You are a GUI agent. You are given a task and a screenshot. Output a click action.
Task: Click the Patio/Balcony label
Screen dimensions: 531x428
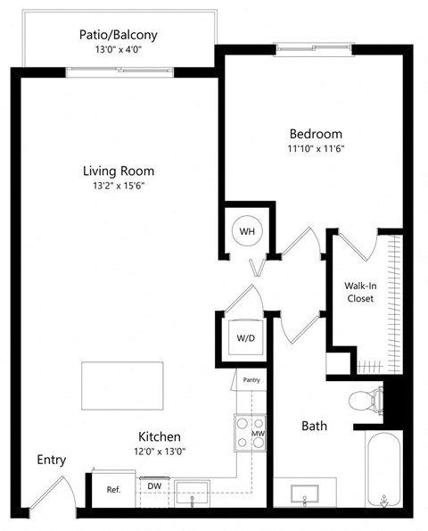[x=118, y=35]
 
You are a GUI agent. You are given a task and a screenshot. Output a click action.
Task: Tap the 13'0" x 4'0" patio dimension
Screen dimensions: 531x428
[x=118, y=50]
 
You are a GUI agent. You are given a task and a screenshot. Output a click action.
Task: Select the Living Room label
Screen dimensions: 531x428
[x=119, y=170]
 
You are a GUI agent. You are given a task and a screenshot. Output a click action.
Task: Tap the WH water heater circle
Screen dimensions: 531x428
[x=247, y=232]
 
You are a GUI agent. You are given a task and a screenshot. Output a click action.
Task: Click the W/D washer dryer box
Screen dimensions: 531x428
[x=243, y=338]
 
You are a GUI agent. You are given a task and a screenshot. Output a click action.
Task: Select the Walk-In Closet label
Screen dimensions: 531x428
[x=360, y=292]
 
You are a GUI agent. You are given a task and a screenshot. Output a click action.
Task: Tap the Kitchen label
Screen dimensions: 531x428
[x=160, y=436]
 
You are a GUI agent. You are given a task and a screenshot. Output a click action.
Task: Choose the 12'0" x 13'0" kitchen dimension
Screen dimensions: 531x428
[x=160, y=452]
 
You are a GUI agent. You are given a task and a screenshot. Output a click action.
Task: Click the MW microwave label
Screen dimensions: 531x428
[x=259, y=434]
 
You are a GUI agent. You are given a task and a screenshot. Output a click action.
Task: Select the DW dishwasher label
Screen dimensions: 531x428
[x=153, y=485]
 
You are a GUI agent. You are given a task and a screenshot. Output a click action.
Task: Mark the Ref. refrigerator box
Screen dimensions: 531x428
[x=113, y=489]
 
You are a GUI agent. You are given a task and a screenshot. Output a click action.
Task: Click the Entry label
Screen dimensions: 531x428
[x=51, y=460]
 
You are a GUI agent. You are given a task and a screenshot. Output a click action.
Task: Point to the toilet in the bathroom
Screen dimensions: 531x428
[x=366, y=400]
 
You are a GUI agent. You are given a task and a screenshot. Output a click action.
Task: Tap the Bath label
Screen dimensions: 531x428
[x=313, y=427]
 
